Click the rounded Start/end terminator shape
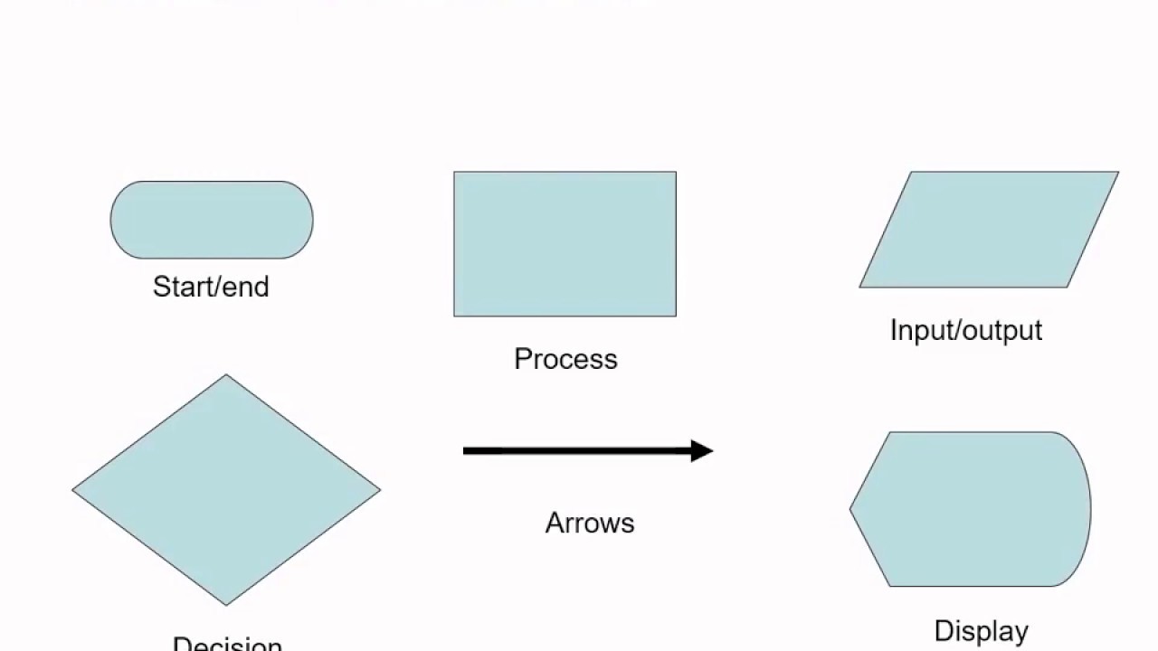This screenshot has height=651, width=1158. click(212, 220)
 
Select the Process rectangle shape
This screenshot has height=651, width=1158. click(565, 244)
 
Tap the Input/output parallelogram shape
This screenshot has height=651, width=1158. click(989, 230)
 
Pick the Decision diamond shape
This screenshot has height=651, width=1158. click(226, 490)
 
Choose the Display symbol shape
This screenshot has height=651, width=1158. click(973, 509)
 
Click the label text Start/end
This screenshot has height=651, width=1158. click(211, 287)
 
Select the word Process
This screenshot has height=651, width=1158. click(565, 359)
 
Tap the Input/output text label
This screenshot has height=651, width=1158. click(966, 330)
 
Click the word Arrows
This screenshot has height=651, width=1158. click(590, 523)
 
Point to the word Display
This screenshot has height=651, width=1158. click(981, 630)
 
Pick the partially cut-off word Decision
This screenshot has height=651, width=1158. click(227, 644)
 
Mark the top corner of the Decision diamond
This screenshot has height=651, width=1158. click(226, 376)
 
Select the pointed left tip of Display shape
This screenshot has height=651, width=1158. click(851, 509)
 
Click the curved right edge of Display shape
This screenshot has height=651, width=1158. click(1089, 509)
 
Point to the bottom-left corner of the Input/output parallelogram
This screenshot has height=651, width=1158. click(861, 287)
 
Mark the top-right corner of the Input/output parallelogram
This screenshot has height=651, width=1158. click(1117, 173)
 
